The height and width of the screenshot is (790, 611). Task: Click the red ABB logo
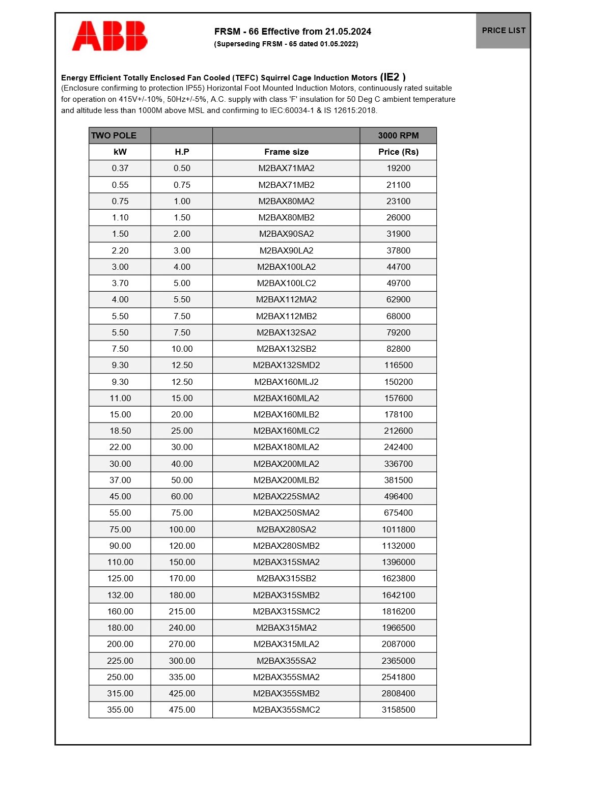coord(109,36)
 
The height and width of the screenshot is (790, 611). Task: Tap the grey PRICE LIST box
coord(503,31)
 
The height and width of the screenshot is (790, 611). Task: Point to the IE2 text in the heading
coord(393,77)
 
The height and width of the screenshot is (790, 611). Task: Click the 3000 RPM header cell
coord(398,135)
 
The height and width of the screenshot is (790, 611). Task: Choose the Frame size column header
coord(286,152)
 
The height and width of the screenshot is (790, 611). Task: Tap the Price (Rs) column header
coord(398,152)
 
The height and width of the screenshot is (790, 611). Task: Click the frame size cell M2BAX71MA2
coord(286,168)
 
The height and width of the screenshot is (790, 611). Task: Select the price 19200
coord(398,168)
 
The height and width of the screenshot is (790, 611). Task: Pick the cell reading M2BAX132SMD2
coord(286,365)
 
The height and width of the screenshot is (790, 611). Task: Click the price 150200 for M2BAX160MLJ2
coord(398,382)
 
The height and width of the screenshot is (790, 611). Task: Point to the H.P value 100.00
coord(182,529)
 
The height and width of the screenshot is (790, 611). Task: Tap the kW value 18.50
coord(120,431)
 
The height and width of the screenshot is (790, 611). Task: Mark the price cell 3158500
coord(398,710)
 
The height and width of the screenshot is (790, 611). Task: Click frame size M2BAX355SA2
coord(286,661)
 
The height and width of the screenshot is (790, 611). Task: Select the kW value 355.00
coord(120,710)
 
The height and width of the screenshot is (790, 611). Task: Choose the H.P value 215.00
coord(182,611)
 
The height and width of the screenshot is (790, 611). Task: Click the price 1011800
coord(398,529)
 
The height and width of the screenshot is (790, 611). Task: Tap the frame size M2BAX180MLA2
coord(286,447)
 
